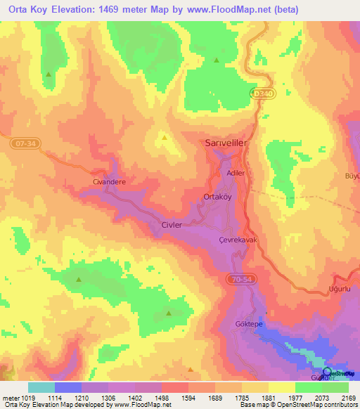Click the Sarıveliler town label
tap(226, 143)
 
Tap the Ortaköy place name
tap(217, 197)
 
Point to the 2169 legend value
tap(347, 397)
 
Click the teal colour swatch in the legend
tap(41, 387)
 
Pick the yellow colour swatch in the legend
tap(281, 387)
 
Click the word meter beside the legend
tap(8, 397)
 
